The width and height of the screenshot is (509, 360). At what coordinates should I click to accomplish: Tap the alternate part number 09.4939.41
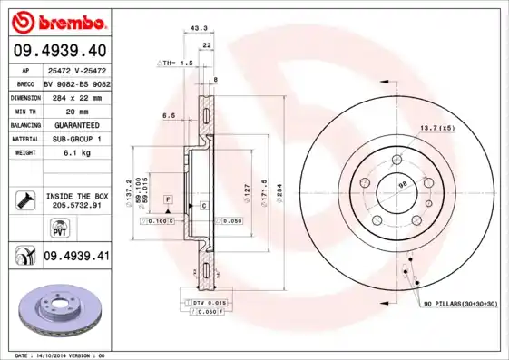click(x=76, y=257)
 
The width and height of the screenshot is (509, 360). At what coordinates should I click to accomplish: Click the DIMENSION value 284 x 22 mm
click(x=76, y=96)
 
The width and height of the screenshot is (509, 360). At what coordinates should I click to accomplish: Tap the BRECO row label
click(x=25, y=83)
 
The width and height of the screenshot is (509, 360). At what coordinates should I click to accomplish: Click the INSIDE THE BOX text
click(x=77, y=196)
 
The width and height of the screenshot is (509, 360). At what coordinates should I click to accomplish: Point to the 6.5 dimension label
click(x=169, y=115)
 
